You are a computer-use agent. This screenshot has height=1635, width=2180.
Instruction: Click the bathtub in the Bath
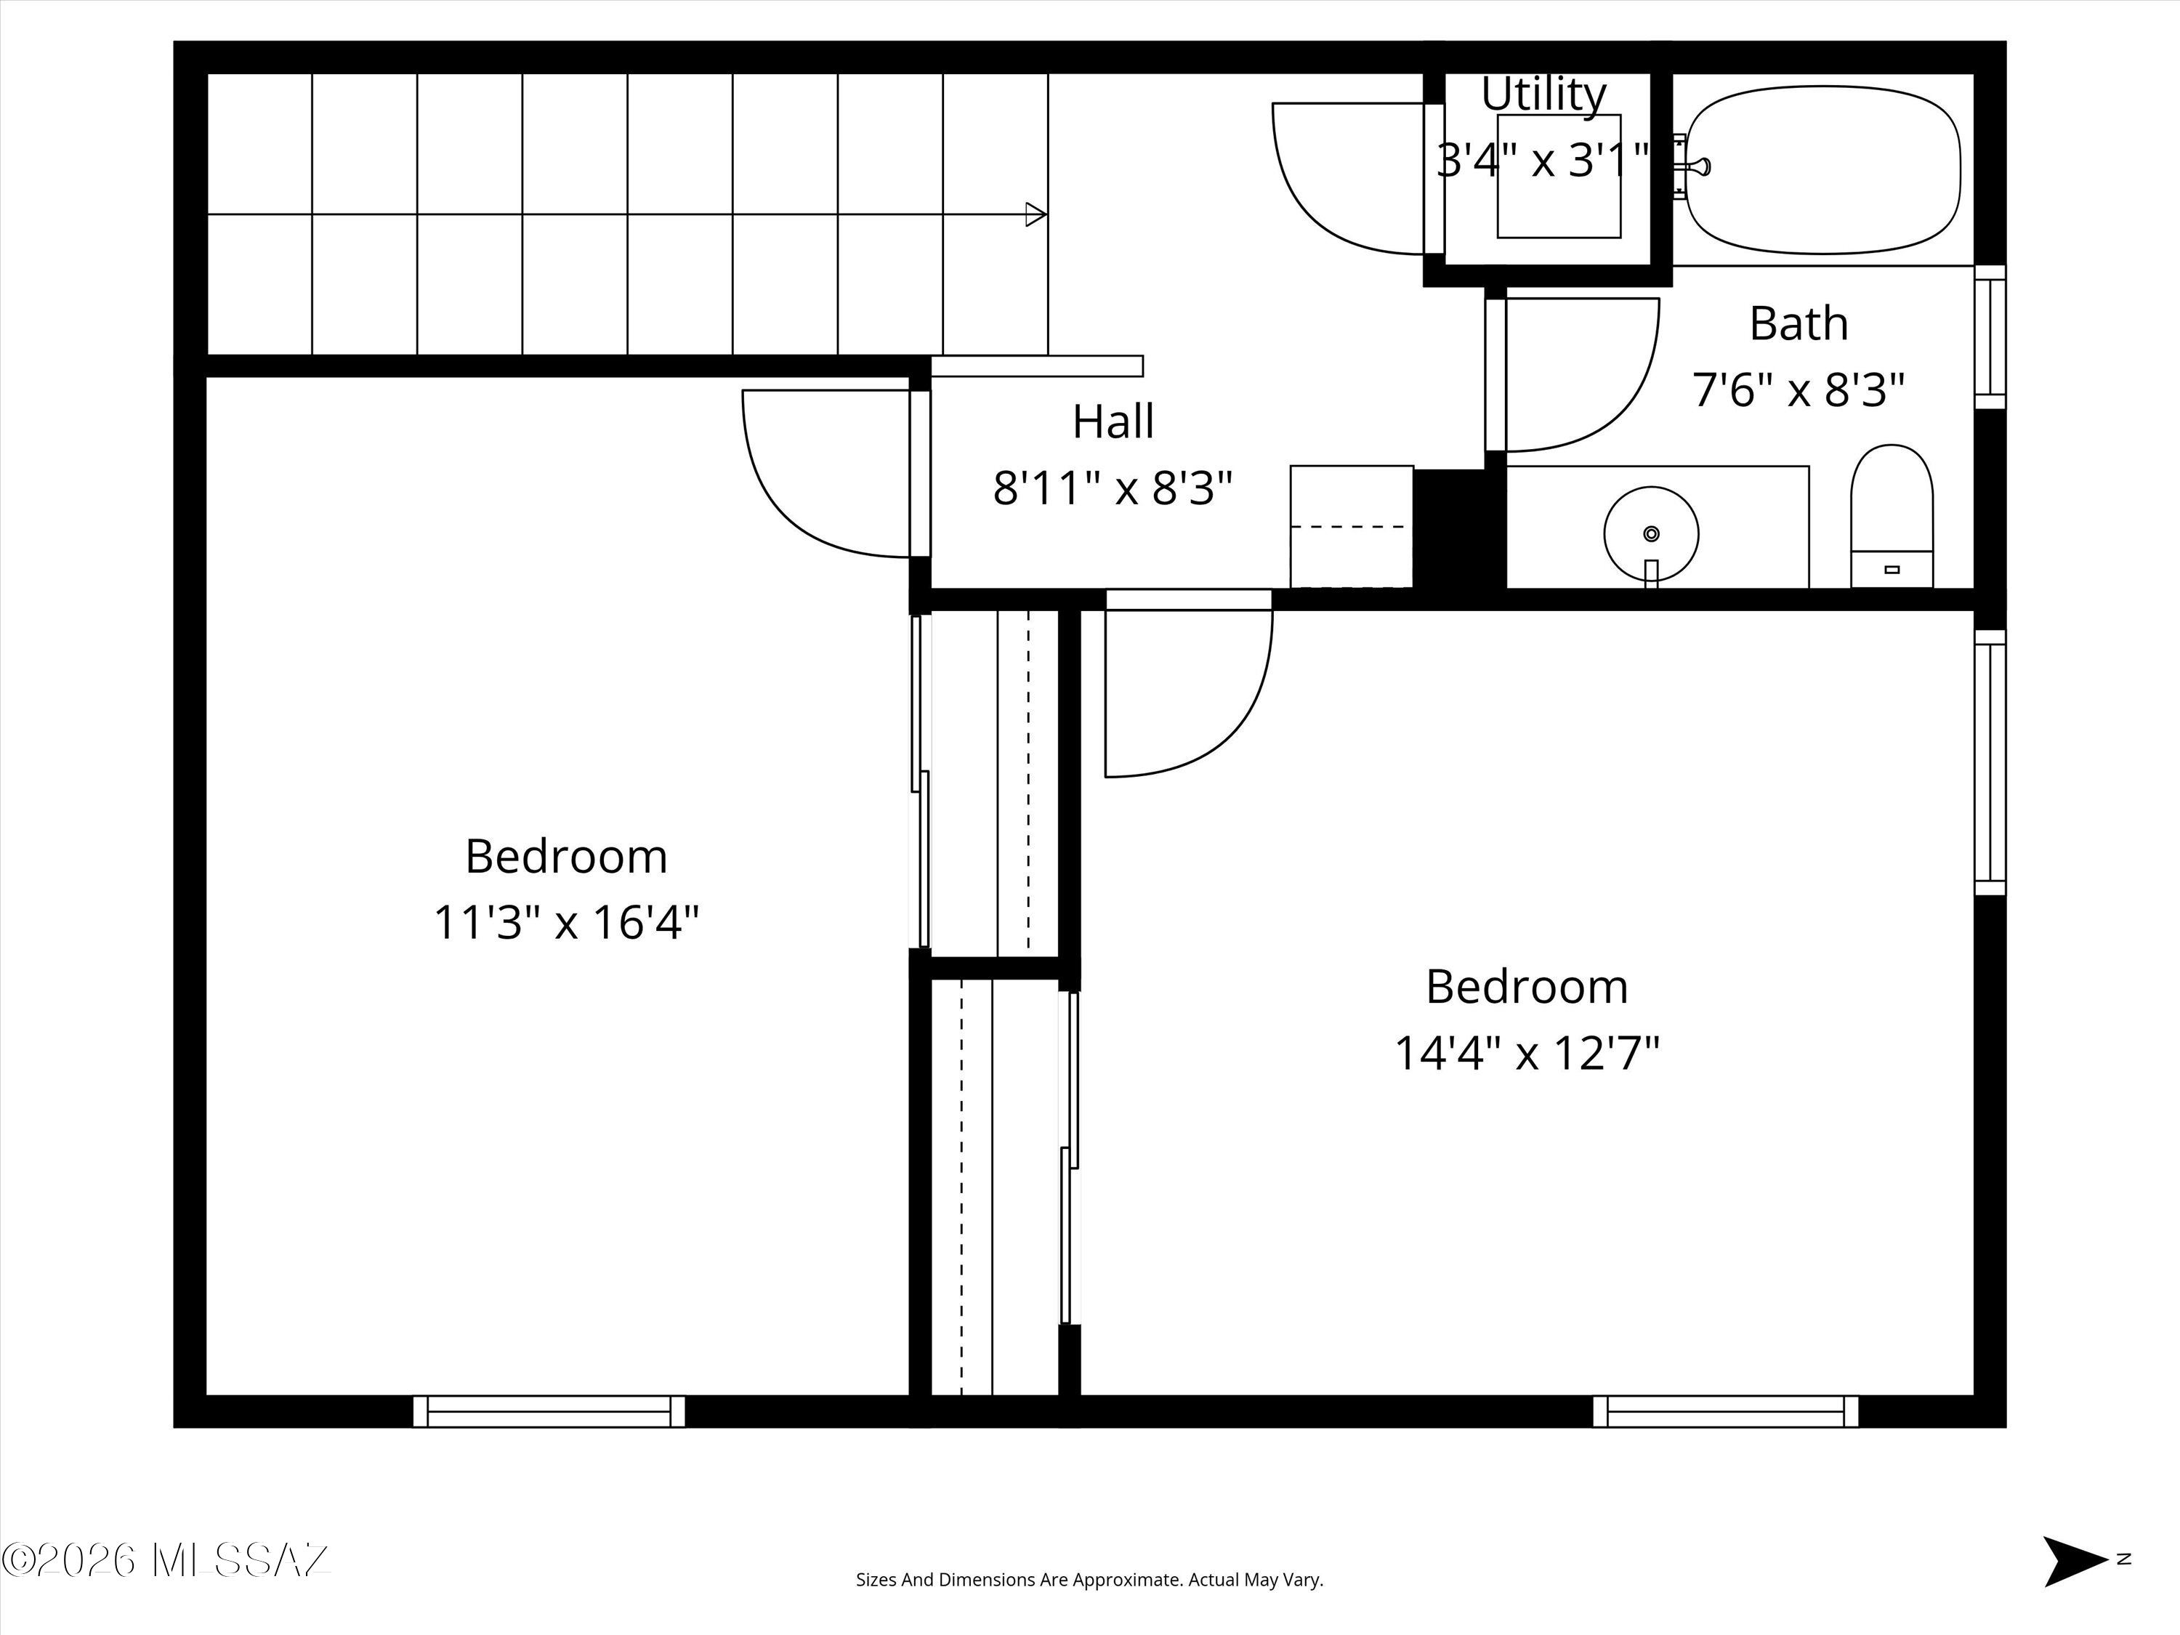(1822, 169)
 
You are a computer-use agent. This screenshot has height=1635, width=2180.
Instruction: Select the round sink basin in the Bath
(1651, 533)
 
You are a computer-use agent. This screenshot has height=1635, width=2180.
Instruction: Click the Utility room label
(1543, 94)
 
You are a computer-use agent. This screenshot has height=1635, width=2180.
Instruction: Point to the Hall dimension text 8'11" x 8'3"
(1113, 488)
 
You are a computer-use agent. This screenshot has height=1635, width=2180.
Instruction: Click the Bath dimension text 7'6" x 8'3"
(1798, 389)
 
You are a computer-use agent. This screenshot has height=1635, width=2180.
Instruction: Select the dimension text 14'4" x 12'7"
(1527, 1052)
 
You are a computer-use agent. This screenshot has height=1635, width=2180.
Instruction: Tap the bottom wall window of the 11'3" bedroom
(549, 1411)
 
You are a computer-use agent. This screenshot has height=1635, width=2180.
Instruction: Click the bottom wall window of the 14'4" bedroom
(1726, 1411)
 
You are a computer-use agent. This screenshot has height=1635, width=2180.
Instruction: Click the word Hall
(1113, 421)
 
